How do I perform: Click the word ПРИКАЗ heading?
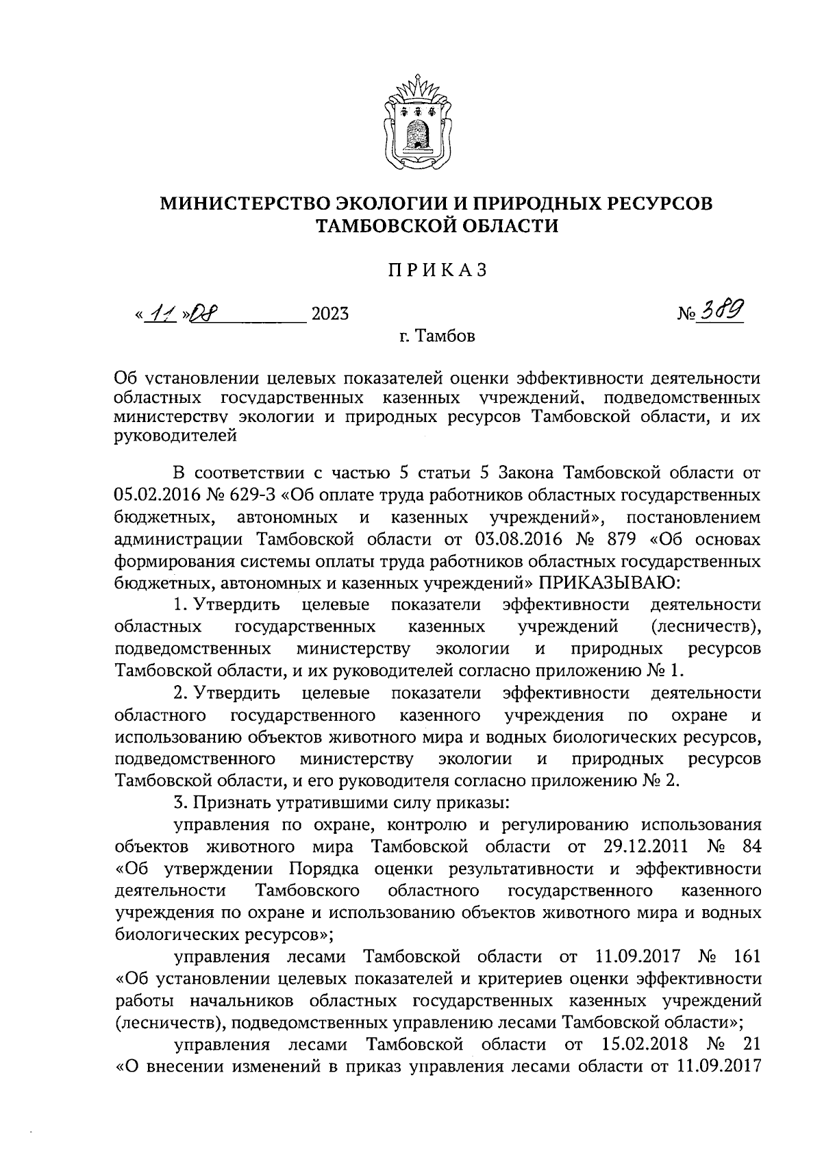pyautogui.click(x=437, y=271)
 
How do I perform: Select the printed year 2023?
pyautogui.click(x=329, y=314)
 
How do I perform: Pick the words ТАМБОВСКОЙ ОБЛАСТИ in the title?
pyautogui.click(x=436, y=225)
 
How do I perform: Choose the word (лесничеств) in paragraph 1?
pyautogui.click(x=706, y=626)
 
